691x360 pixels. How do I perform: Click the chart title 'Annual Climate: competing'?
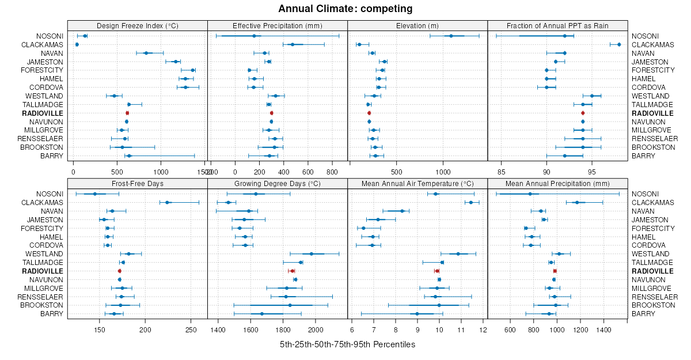click(x=345, y=9)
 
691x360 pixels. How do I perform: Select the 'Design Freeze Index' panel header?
click(x=137, y=25)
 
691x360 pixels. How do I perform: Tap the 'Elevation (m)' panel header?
click(x=417, y=25)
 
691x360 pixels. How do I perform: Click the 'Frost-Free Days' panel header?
click(x=137, y=183)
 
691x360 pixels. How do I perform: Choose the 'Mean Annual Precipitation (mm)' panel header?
click(x=557, y=183)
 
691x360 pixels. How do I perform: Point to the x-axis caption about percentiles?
click(x=347, y=344)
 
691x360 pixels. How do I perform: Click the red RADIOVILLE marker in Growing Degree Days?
click(x=293, y=271)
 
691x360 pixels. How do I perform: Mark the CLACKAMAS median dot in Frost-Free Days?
click(x=168, y=203)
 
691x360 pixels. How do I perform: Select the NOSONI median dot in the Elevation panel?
click(x=451, y=36)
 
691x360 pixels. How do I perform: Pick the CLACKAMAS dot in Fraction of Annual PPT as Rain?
click(x=619, y=44)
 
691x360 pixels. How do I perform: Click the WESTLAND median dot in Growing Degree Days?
click(x=312, y=254)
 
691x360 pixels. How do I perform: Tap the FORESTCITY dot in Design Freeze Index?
click(x=193, y=70)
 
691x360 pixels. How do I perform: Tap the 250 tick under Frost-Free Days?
click(x=191, y=330)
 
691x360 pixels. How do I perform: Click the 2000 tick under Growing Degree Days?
click(x=316, y=330)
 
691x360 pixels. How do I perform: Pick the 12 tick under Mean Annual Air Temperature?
click(x=483, y=330)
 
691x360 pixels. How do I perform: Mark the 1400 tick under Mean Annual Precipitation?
click(x=603, y=330)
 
